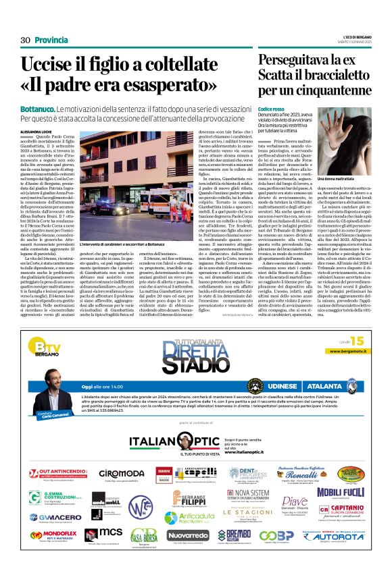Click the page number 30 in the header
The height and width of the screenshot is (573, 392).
pyautogui.click(x=25, y=40)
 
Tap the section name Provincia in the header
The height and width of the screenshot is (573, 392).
pyautogui.click(x=51, y=40)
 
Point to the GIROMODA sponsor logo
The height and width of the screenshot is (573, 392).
pyautogui.click(x=121, y=475)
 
